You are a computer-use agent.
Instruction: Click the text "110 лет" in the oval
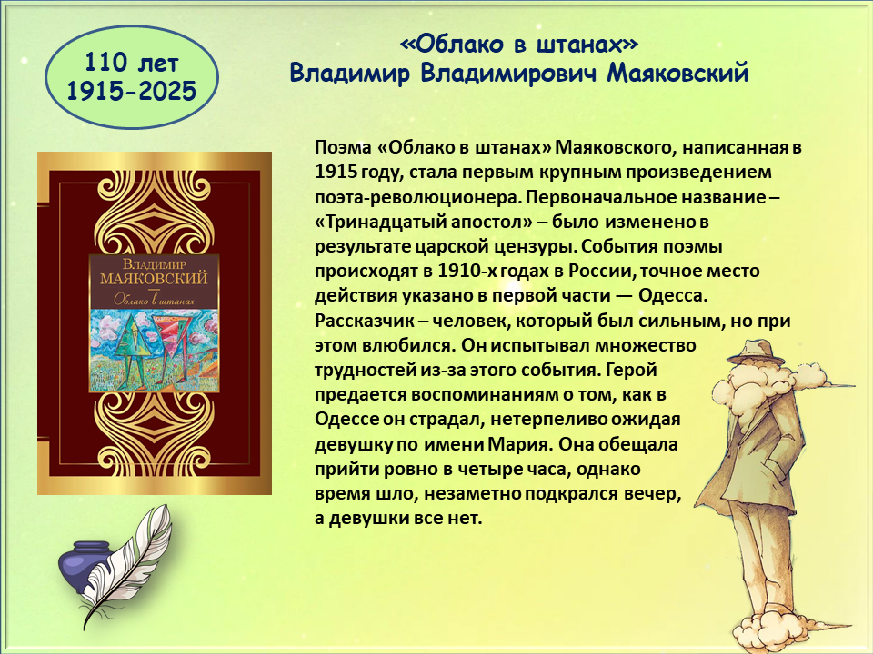(x=131, y=63)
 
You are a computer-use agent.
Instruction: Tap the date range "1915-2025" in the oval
(x=131, y=91)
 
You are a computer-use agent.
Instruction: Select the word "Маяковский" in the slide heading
(x=677, y=74)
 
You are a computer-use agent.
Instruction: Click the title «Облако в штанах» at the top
(x=519, y=45)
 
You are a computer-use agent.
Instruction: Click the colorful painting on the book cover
(x=155, y=350)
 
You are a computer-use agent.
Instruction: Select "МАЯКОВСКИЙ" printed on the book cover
(x=154, y=278)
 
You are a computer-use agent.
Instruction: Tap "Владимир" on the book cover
(x=155, y=263)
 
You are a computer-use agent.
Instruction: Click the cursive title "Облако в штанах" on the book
(x=155, y=299)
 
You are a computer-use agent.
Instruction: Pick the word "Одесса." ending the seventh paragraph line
(x=673, y=295)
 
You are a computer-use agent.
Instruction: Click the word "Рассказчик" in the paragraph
(x=366, y=321)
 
